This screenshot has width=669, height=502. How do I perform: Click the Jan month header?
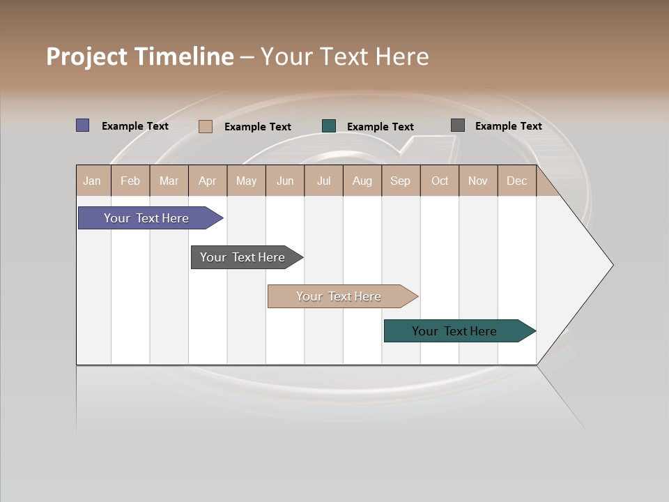(93, 181)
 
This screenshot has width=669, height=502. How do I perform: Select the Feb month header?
(130, 181)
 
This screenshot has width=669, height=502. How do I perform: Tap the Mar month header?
(169, 181)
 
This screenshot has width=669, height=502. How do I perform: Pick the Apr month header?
(208, 181)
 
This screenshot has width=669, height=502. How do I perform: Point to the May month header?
(246, 181)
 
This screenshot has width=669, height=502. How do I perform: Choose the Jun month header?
(285, 181)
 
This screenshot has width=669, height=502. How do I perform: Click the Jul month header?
(323, 181)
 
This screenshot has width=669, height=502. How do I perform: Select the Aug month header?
(362, 181)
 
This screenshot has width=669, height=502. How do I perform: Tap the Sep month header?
(401, 181)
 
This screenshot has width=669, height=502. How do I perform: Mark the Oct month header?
(440, 181)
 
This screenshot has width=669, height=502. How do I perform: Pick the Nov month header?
(478, 181)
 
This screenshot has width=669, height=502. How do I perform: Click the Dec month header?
(517, 181)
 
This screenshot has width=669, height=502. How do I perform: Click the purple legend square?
(83, 125)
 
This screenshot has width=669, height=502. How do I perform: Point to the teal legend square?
(329, 126)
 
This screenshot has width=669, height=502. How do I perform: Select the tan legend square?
(206, 126)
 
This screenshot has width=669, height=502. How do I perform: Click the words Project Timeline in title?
(140, 56)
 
